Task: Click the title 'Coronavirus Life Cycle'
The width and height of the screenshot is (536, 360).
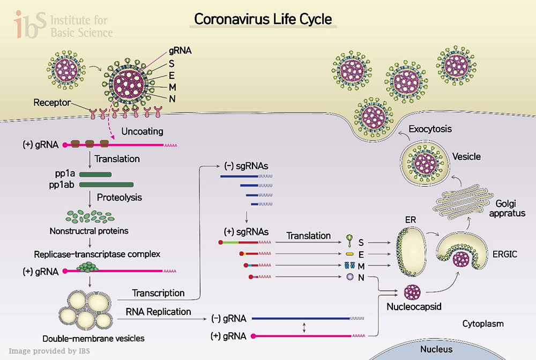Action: point(263,19)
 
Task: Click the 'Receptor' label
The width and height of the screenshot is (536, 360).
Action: point(51,102)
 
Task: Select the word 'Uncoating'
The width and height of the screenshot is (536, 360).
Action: point(142,131)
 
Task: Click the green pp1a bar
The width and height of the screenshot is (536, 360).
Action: point(95,174)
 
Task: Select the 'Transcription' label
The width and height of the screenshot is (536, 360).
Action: point(158,293)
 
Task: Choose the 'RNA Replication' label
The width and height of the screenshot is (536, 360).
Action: point(158,311)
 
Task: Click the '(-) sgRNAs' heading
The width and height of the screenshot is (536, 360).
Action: point(246,166)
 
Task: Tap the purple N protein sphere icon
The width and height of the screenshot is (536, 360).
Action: point(349,276)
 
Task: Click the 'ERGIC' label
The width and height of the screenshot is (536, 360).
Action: point(504,254)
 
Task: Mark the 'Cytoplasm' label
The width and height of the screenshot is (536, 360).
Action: point(483,324)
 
